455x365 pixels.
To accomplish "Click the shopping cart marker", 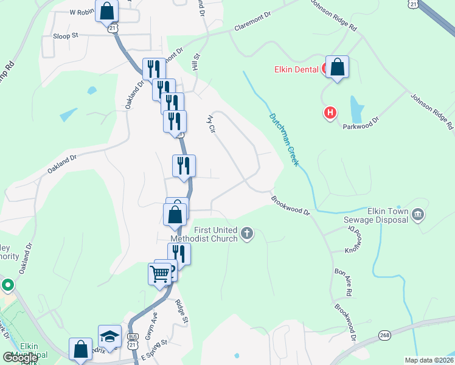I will (160, 274).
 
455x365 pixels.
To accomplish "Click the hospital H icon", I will (330, 113).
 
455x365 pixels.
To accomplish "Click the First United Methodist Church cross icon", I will (247, 234).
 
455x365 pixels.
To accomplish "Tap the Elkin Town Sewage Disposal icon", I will (418, 214).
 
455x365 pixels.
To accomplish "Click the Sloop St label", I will (66, 36).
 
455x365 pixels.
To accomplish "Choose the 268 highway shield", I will (384, 335).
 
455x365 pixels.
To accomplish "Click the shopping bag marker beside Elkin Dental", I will (338, 67).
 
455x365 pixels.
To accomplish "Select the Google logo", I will (20, 358).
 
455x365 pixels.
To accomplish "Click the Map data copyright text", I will (429, 360).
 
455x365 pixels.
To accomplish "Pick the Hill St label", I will (196, 61).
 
